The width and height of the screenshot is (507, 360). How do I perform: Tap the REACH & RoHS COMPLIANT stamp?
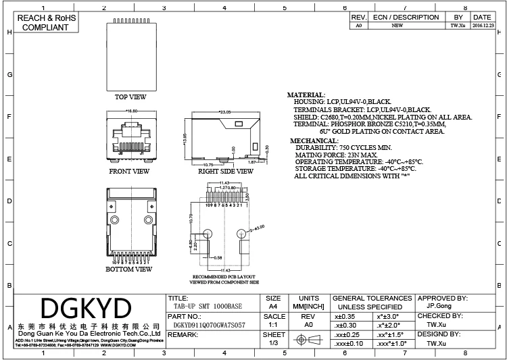(x=45, y=23)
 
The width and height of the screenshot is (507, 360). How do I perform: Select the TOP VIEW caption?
(x=130, y=97)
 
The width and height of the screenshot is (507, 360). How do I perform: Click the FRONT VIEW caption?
(x=129, y=172)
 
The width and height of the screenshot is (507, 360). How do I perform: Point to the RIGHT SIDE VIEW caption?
(x=226, y=172)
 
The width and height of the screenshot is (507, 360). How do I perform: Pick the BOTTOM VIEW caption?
(x=128, y=269)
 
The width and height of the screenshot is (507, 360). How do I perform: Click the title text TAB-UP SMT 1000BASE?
(x=203, y=306)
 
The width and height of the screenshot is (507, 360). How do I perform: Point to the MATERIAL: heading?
(x=306, y=95)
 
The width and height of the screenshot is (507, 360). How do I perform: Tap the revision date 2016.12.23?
(x=482, y=25)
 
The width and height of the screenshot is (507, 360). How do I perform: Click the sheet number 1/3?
(x=274, y=343)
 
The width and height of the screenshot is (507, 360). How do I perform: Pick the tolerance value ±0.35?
(x=345, y=315)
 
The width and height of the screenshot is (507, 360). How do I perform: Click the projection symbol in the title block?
(x=306, y=342)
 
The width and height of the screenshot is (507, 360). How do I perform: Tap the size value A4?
(x=274, y=306)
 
